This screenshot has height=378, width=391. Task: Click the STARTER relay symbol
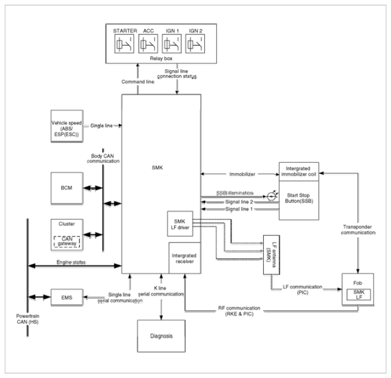[x=124, y=44]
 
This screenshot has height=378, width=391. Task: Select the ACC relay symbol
[x=148, y=44]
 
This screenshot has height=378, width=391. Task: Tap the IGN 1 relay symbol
[x=172, y=44]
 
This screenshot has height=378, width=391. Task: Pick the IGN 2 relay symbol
[x=195, y=44]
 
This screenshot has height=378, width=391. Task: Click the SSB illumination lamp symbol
[x=271, y=196]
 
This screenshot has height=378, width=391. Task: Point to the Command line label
[x=138, y=82]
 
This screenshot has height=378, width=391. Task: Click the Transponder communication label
[x=358, y=229]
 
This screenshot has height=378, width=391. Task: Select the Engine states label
[x=71, y=262]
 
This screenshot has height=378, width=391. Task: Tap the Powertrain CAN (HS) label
[x=27, y=319]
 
